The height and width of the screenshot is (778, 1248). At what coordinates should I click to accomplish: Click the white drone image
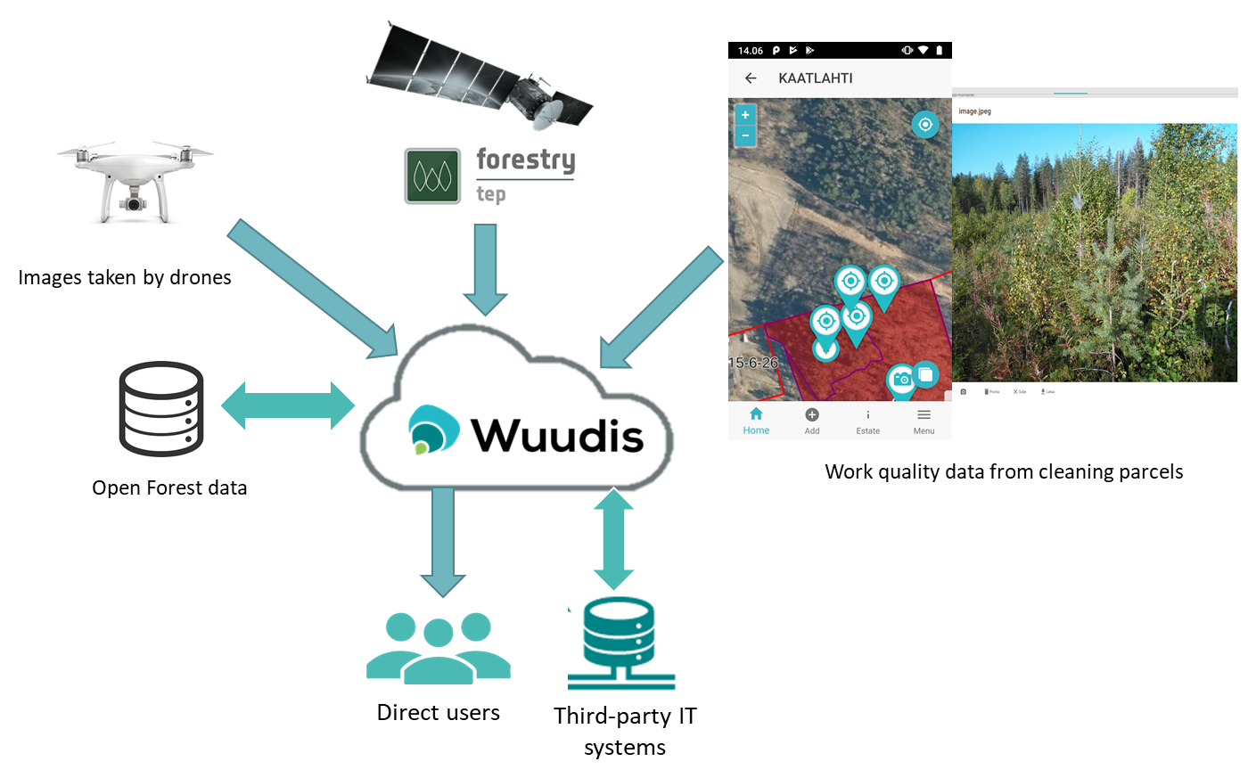(135, 181)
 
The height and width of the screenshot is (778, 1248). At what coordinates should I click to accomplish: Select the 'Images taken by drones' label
(124, 277)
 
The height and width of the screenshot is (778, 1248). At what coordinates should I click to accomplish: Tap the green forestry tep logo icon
(432, 176)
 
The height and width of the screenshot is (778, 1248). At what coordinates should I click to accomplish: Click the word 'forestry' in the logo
(526, 160)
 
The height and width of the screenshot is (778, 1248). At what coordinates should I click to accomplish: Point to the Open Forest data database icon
(161, 409)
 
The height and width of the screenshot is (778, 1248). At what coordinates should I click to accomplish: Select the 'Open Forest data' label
(170, 487)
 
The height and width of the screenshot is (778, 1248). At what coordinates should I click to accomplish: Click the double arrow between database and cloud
(287, 405)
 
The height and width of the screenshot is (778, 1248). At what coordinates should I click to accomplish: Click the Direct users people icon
(439, 648)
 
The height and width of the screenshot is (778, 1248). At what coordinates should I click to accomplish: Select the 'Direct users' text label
(438, 712)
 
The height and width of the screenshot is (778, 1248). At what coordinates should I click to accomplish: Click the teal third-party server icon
(623, 646)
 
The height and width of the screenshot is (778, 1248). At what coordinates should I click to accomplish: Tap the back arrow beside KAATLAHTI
(751, 78)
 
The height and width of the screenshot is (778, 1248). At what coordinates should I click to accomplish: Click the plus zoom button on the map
(745, 115)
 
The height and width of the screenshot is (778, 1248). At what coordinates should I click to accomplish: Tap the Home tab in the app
(756, 421)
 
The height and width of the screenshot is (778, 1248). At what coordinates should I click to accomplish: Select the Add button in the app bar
(812, 421)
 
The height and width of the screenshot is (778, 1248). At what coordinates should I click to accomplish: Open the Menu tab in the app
(924, 421)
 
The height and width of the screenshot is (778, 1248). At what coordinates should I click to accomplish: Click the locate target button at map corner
(925, 125)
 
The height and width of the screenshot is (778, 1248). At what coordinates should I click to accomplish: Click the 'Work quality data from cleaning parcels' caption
(1004, 471)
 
